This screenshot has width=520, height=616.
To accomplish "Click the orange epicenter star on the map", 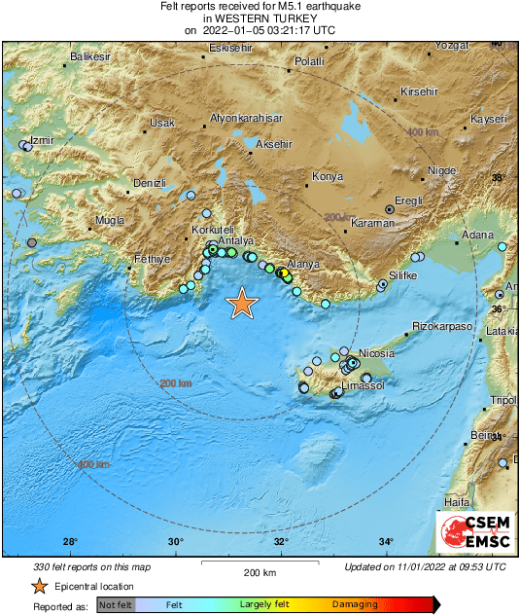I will [x=242, y=305].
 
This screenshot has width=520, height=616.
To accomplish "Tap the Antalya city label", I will [x=236, y=239].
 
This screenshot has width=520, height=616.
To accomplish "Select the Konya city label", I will [x=327, y=177].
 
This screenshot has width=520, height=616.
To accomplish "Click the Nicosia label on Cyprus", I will [x=376, y=353].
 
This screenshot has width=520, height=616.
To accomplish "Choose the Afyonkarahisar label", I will [x=246, y=119].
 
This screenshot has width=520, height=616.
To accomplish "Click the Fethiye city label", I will [x=153, y=260].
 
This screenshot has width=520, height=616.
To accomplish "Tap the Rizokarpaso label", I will [x=442, y=326].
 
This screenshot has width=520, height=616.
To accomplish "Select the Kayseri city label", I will [x=489, y=119].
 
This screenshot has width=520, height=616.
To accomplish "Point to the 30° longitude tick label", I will [x=175, y=542].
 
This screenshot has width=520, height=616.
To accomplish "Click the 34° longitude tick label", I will [x=386, y=542].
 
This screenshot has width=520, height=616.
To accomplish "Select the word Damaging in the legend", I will [x=355, y=604].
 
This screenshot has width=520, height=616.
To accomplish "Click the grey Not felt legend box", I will [x=115, y=604].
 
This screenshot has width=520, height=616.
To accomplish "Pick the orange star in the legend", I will [x=39, y=586].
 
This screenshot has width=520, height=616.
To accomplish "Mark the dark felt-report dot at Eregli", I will [x=390, y=209].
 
